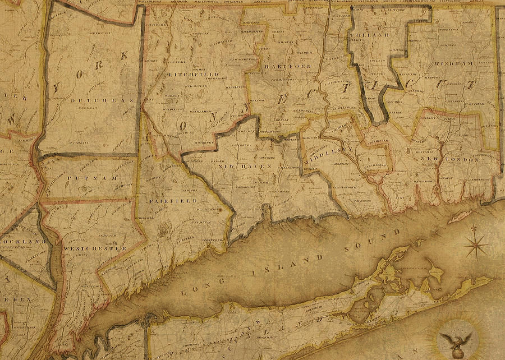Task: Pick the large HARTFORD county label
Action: (287, 66)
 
